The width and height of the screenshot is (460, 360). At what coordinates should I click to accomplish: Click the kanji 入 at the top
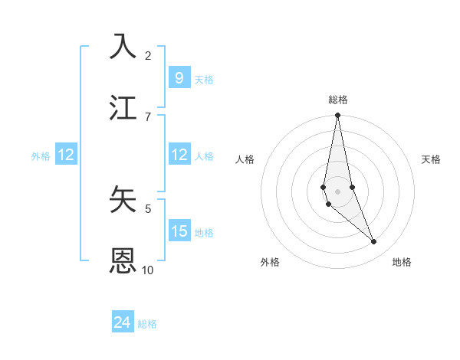point(124,45)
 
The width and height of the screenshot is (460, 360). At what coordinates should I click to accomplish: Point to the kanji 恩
point(124,260)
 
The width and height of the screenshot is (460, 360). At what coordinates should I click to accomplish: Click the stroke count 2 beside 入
point(148,55)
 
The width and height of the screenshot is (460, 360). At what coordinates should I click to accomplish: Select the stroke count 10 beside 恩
point(148,270)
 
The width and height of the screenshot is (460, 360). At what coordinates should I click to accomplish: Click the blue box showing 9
point(179,77)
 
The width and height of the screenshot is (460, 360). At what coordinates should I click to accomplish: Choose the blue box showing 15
point(179,231)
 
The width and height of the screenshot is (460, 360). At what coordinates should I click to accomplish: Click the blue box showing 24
point(123,322)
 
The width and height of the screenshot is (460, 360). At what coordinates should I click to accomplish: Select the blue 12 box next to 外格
point(66,155)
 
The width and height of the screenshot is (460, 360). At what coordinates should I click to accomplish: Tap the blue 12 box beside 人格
point(179,155)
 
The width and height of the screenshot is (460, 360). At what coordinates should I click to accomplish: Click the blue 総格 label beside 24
point(148,324)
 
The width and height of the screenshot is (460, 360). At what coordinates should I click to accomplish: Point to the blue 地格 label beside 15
point(204,233)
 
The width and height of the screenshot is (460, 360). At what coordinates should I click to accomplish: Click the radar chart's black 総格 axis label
point(337,100)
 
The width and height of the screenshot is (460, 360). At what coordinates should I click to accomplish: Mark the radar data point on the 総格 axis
point(337,116)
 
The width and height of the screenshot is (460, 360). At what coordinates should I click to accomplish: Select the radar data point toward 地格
point(373,241)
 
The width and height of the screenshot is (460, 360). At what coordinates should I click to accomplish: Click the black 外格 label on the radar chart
point(270,262)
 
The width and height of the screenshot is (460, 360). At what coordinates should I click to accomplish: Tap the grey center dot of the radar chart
point(337,191)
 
